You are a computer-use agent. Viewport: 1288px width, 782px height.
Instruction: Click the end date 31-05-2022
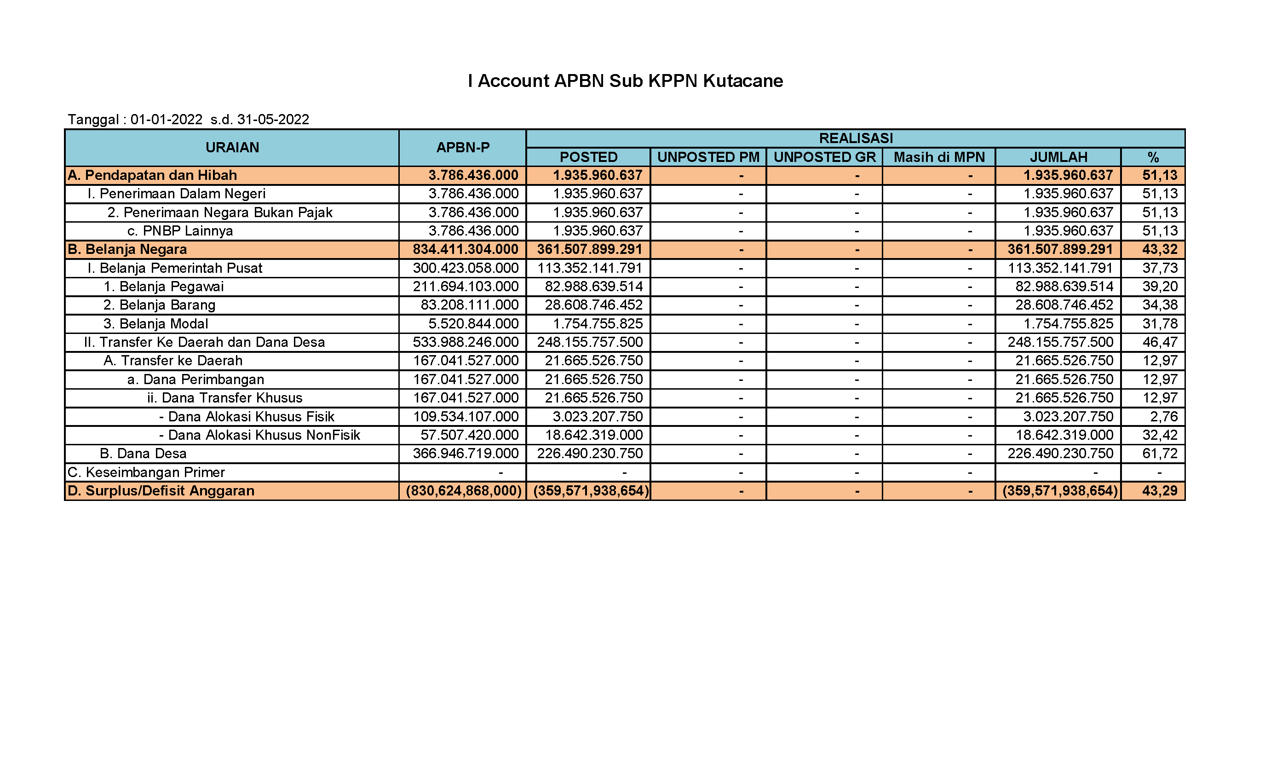point(273,120)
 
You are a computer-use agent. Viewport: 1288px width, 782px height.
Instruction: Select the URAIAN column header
point(232,147)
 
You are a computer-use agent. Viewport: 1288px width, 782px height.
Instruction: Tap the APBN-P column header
point(463,147)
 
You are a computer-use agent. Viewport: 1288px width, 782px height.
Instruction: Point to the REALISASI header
point(856,138)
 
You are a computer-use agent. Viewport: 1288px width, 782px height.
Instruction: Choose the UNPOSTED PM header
point(708,157)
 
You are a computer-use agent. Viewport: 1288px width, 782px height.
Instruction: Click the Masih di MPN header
point(939,157)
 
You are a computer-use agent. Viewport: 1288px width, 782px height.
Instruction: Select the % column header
point(1153,157)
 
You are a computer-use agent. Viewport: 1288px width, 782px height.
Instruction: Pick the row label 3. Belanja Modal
point(156,323)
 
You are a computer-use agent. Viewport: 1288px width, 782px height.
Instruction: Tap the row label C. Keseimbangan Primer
point(146,472)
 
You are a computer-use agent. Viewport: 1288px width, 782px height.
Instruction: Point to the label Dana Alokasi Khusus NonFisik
point(264,435)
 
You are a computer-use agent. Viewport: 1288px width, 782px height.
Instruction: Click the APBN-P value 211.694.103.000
point(465,287)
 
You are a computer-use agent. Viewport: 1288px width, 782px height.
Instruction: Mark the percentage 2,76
point(1164,417)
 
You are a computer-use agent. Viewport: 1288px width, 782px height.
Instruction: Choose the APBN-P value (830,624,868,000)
point(464,491)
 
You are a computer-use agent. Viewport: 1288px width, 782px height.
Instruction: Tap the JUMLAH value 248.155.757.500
point(1060,342)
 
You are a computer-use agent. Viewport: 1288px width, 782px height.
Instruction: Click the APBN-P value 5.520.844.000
point(473,323)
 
